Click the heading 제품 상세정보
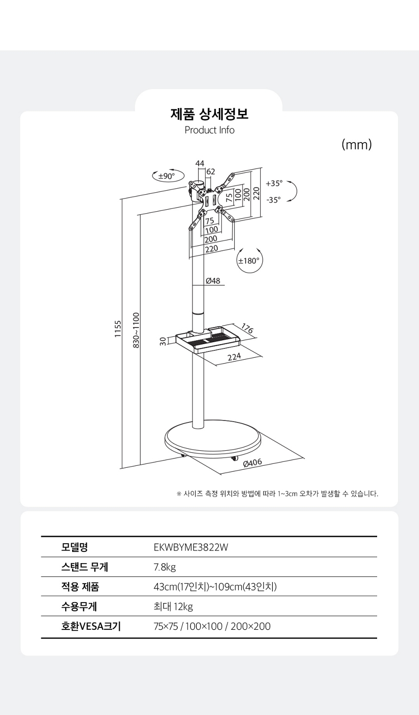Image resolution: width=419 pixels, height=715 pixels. [x=209, y=114]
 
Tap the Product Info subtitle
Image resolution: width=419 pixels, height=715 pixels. [x=209, y=130]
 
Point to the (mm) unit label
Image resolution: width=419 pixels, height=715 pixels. [x=357, y=145]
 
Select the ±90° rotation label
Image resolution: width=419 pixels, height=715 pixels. [x=167, y=176]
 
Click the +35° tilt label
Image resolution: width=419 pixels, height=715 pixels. [x=274, y=183]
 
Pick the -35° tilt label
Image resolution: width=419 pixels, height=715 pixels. [x=274, y=200]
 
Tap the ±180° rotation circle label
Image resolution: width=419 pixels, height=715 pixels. [x=249, y=261]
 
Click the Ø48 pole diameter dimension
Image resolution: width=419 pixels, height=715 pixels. [x=213, y=281]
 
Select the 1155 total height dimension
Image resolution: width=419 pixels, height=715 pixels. [x=118, y=329]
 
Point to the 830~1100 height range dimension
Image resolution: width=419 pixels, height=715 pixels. [x=136, y=330]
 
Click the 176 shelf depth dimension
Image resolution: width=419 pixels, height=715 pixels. [x=247, y=329]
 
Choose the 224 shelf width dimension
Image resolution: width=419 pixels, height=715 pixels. [x=234, y=357]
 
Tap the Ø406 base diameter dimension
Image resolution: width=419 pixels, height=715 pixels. [x=252, y=463]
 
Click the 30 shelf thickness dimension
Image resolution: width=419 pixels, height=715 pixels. [x=163, y=342]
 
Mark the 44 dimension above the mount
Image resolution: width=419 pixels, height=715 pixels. [x=200, y=164]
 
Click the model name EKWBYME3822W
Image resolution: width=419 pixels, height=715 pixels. [x=191, y=548]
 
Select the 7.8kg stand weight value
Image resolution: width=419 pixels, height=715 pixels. [x=165, y=567]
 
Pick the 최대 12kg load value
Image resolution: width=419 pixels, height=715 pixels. [x=173, y=606]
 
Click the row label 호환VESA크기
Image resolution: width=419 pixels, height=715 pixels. [x=91, y=626]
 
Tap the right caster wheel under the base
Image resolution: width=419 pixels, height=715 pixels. [x=234, y=458]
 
